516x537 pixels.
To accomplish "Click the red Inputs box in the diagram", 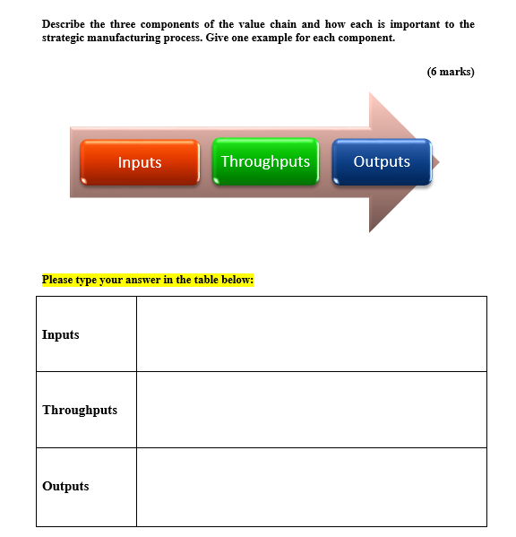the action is pyautogui.click(x=140, y=162).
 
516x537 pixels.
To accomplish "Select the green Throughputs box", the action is pyautogui.click(x=265, y=162).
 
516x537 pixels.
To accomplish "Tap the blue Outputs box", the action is pyautogui.click(x=382, y=162).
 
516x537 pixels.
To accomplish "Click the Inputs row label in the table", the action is pyautogui.click(x=61, y=334).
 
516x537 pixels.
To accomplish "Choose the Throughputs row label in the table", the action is pyautogui.click(x=80, y=410).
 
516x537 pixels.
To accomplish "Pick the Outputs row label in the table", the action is pyautogui.click(x=65, y=486).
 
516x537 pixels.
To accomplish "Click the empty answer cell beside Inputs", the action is pyautogui.click(x=311, y=333).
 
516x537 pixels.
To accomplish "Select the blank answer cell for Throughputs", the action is pyautogui.click(x=311, y=410).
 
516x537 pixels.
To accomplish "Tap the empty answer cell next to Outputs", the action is pyautogui.click(x=311, y=487).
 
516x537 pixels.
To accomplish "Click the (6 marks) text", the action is pyautogui.click(x=451, y=72).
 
